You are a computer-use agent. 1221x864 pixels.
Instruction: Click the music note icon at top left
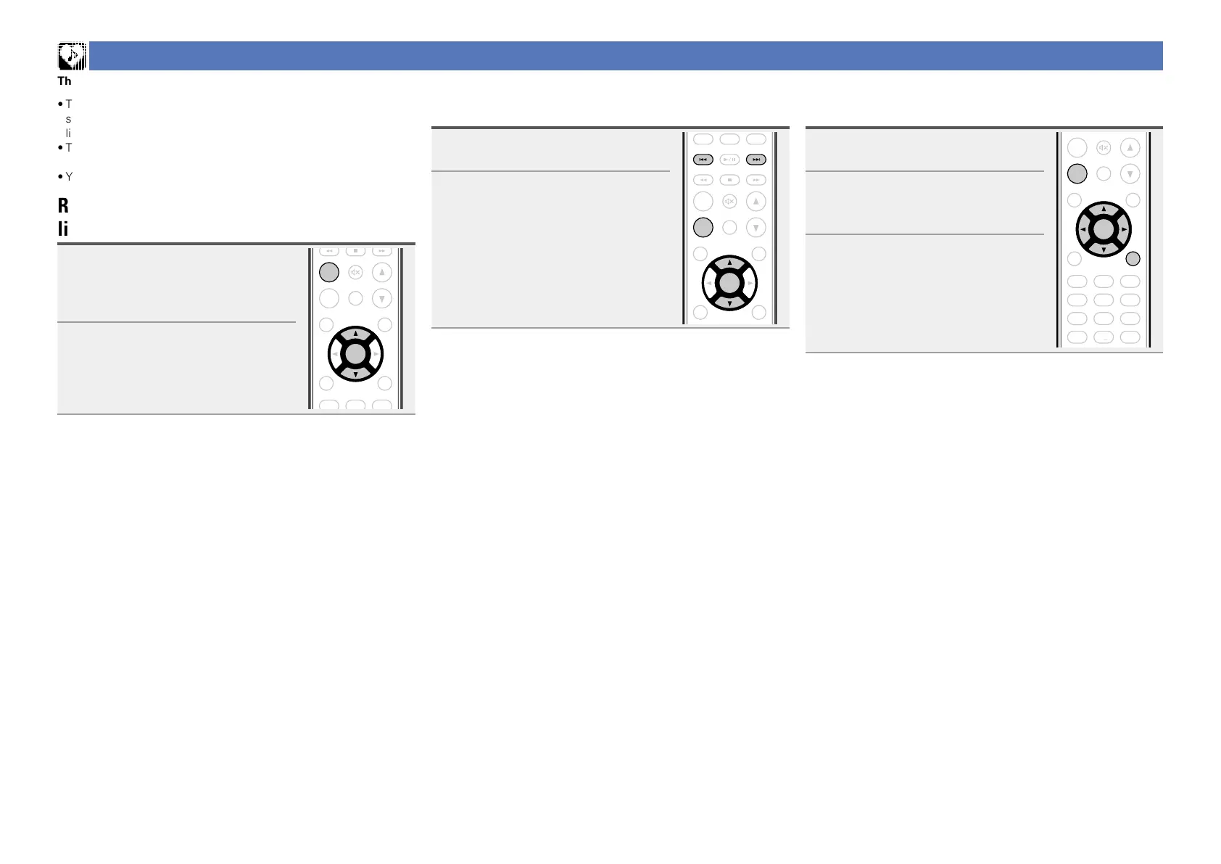pos(72,56)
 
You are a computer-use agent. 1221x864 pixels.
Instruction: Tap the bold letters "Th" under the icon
pos(65,81)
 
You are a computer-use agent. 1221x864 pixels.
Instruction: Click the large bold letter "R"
pos(63,205)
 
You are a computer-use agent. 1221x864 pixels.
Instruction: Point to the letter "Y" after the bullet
pos(69,176)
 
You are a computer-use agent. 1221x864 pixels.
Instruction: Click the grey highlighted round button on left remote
pos(329,272)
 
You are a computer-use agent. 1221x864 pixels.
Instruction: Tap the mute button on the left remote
pos(355,272)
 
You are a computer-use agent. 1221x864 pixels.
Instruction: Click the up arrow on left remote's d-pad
pos(355,334)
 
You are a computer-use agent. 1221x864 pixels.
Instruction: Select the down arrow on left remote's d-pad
pos(355,374)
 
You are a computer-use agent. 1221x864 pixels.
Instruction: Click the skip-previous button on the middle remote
pos(703,160)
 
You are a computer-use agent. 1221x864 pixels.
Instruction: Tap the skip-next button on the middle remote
pos(756,160)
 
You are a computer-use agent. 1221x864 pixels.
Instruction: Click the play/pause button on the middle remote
pos(729,160)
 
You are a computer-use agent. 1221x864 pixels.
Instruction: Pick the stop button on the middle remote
pos(729,180)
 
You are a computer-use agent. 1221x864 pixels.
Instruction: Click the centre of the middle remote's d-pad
pos(729,283)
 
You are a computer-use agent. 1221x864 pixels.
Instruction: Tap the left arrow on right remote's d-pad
pos(1083,230)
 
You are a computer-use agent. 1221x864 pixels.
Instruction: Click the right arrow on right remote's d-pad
pos(1123,230)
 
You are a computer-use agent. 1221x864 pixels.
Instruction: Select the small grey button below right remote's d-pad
pos(1133,258)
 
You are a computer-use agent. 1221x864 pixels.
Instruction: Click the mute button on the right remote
pos(1104,148)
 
